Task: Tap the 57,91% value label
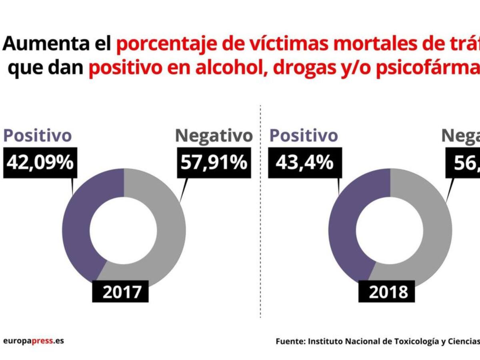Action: click(x=214, y=163)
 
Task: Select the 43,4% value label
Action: click(x=304, y=163)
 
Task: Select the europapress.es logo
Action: click(x=33, y=341)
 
